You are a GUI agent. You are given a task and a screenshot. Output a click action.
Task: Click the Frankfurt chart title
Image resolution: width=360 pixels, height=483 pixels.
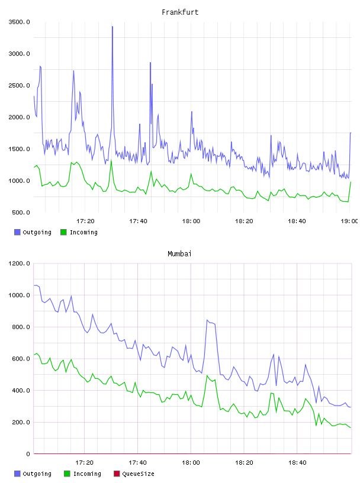click(x=180, y=12)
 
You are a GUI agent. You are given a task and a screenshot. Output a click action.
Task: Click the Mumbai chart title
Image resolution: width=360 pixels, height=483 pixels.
click(x=179, y=254)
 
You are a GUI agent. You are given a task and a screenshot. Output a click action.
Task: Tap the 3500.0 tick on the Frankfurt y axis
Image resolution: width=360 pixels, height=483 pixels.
click(x=20, y=22)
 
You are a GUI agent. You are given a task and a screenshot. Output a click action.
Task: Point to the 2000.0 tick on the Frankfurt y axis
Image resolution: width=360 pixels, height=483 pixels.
click(x=20, y=117)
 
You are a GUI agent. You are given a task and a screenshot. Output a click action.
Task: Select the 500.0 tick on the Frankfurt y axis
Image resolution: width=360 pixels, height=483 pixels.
click(x=21, y=212)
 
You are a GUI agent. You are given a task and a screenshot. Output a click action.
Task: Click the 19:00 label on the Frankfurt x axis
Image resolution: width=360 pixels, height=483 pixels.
click(x=349, y=221)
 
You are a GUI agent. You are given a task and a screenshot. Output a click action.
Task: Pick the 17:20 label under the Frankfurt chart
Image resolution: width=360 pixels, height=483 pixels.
click(x=85, y=221)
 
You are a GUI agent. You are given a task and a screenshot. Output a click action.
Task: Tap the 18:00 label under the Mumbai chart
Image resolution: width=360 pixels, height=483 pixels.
click(x=191, y=463)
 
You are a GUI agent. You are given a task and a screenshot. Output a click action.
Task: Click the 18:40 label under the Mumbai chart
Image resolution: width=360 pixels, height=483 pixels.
click(x=297, y=463)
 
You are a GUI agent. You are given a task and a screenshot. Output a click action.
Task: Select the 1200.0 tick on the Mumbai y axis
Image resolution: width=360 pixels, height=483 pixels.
click(x=20, y=263)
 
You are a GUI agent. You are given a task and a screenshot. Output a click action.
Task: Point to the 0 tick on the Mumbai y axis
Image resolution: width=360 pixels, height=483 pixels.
click(x=28, y=454)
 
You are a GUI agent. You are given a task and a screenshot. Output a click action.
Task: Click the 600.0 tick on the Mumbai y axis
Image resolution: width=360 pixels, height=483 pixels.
click(x=21, y=359)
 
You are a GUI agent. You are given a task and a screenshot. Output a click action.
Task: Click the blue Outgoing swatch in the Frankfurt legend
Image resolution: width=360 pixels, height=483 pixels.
click(x=17, y=232)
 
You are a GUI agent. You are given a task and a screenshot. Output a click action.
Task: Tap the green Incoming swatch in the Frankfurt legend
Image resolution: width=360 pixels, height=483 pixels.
click(x=63, y=232)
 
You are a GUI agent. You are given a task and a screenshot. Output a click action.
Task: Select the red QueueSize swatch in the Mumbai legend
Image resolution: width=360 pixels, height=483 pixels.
click(x=117, y=474)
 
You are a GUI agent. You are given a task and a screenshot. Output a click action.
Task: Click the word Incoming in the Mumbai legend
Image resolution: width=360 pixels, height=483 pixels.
click(x=87, y=474)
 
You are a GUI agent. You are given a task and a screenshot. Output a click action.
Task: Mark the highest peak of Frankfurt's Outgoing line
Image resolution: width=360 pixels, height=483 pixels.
click(x=112, y=27)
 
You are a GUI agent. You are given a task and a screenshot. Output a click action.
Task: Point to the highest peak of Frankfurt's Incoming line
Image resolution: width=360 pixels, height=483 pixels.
click(x=111, y=160)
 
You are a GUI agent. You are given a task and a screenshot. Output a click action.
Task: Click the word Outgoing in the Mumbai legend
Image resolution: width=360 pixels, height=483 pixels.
click(x=37, y=474)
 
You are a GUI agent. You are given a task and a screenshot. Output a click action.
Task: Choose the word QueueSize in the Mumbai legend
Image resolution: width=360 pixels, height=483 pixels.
click(x=138, y=474)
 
